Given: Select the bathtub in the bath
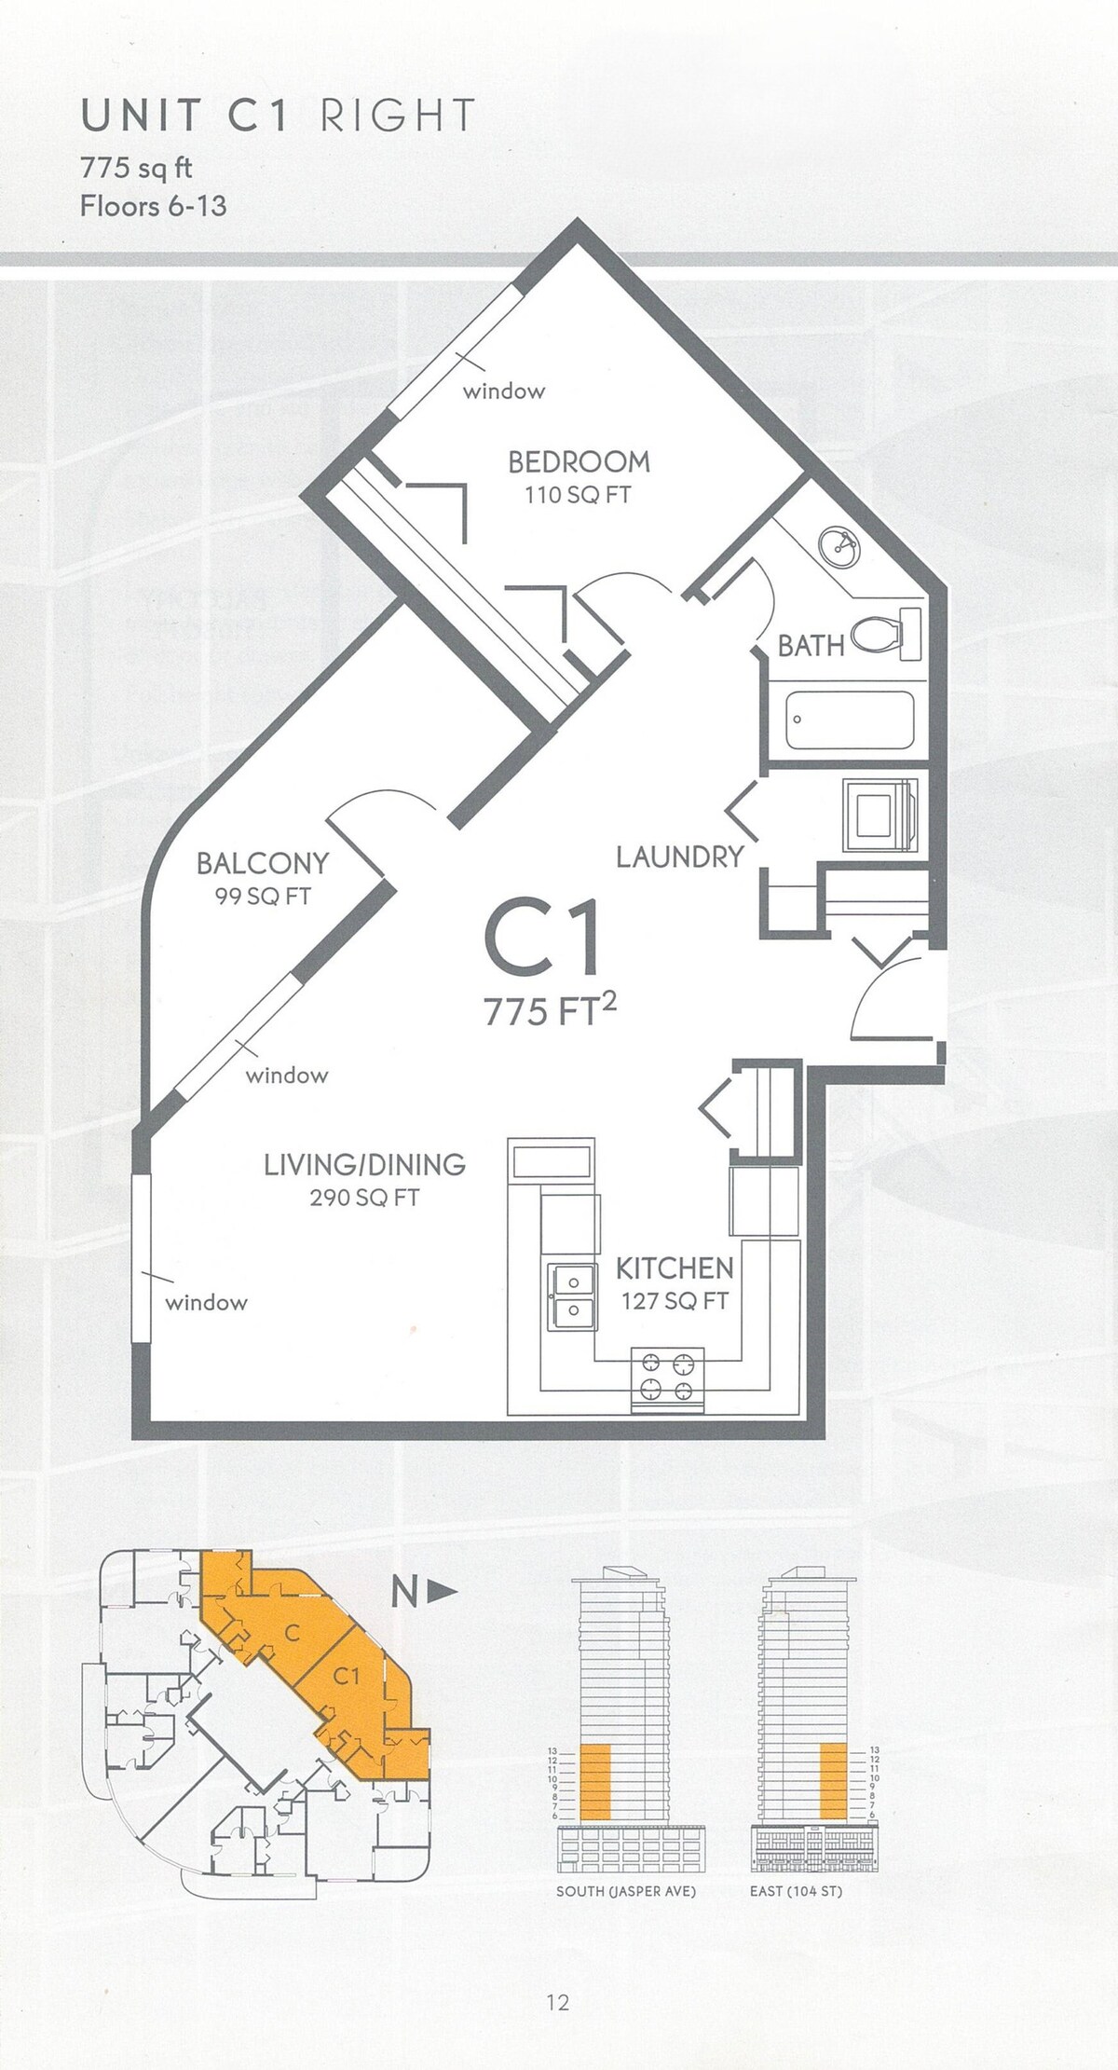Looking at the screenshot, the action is pyautogui.click(x=849, y=719).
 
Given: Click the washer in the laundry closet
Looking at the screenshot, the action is pyautogui.click(x=879, y=815).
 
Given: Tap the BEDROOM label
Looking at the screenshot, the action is pyautogui.click(x=579, y=461).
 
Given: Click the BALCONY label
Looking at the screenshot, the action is pyautogui.click(x=262, y=863).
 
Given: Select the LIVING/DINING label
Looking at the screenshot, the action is pyautogui.click(x=364, y=1164).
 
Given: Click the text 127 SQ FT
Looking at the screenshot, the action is pyautogui.click(x=675, y=1301).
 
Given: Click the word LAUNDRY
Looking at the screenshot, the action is pyautogui.click(x=680, y=857).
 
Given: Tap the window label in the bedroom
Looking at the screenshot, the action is pyautogui.click(x=504, y=391).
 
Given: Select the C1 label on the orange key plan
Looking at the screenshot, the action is pyautogui.click(x=346, y=1676).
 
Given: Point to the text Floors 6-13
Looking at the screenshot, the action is pyautogui.click(x=153, y=205).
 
